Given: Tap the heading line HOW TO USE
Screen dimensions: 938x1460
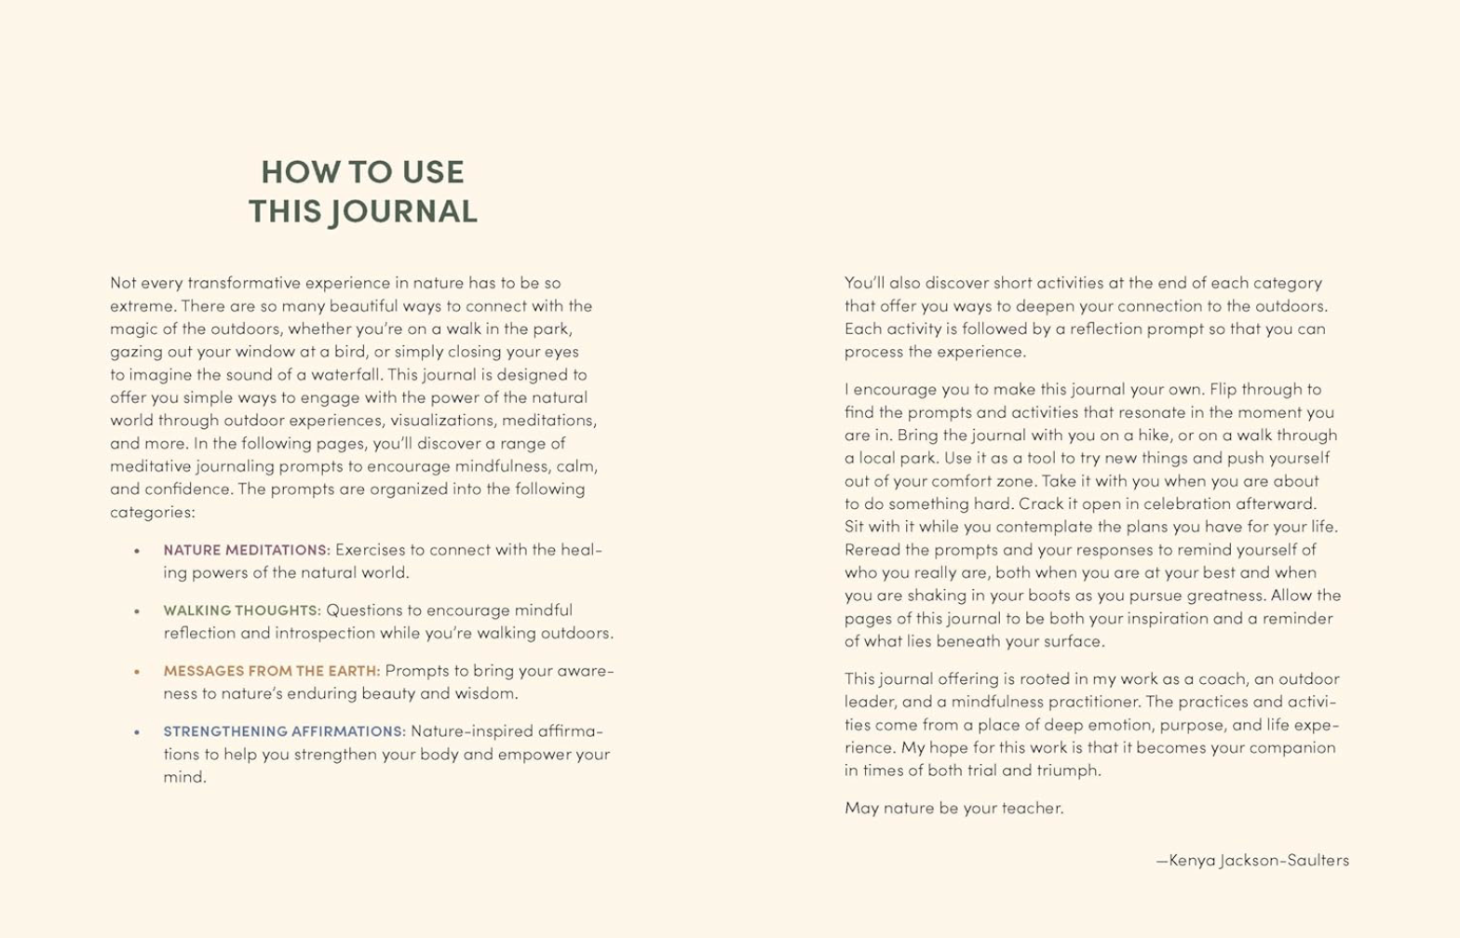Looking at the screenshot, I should click(362, 172).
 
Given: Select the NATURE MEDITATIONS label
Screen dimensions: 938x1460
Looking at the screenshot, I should click(247, 550).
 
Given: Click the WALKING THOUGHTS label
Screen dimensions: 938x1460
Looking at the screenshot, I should click(242, 610).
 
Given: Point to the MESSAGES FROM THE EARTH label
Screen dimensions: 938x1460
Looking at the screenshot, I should click(272, 671).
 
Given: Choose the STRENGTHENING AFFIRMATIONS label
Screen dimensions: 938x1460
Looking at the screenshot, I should click(285, 731).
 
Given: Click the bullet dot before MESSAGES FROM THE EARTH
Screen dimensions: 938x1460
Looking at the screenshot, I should click(137, 671).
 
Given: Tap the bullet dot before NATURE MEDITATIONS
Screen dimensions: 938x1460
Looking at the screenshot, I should click(137, 550).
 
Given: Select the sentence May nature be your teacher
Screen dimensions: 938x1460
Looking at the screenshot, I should click(953, 808).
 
